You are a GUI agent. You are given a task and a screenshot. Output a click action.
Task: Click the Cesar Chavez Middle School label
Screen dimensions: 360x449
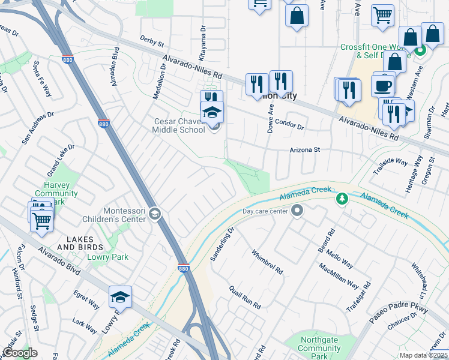178,125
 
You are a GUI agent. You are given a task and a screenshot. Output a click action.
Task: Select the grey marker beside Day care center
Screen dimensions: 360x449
297,211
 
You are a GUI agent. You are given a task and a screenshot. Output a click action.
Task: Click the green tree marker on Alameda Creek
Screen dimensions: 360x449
342,197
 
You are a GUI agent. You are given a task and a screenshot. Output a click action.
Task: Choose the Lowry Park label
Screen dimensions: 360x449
109,257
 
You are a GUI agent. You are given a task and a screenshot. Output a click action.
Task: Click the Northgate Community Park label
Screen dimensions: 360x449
319,348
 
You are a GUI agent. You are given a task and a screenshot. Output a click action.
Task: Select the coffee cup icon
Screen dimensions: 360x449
382,86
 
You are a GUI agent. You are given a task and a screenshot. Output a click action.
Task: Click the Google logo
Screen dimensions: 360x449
20,353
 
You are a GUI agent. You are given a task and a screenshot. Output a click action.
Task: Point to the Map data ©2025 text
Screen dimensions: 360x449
424,355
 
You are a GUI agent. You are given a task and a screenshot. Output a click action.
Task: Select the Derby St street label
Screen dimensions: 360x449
152,44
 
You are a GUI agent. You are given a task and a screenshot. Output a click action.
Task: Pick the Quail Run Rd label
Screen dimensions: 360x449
244,297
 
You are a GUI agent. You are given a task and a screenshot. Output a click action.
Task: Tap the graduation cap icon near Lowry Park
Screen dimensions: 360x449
120,296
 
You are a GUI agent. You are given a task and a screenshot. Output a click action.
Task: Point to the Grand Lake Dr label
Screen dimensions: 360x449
57,155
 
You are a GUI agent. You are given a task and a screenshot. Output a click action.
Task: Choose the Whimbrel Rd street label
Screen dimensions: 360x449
267,262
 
